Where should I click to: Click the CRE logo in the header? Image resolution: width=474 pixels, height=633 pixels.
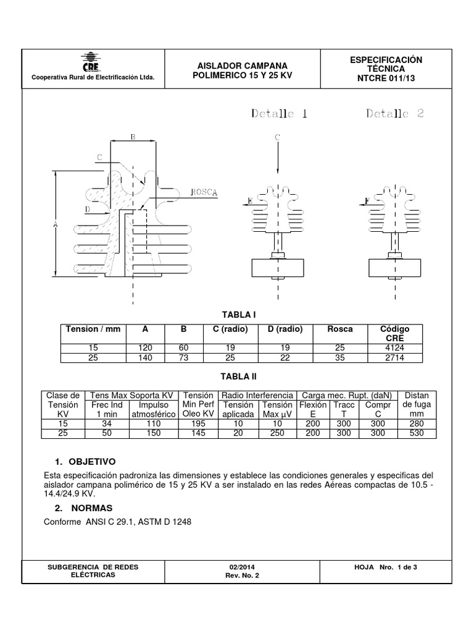(92, 63)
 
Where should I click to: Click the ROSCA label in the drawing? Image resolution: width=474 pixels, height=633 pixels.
(204, 192)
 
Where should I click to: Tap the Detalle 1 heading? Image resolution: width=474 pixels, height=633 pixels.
(279, 114)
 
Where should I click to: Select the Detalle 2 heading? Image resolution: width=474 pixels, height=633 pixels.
(395, 114)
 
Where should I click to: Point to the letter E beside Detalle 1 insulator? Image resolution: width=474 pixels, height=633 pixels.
(249, 201)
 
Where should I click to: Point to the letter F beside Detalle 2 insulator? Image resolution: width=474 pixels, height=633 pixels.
(367, 201)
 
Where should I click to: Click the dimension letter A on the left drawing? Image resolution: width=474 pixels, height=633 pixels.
(55, 225)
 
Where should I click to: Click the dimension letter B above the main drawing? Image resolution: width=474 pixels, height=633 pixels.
(133, 137)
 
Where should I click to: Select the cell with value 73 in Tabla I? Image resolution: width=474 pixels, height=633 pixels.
(183, 358)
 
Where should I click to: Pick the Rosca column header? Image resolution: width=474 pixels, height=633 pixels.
(341, 329)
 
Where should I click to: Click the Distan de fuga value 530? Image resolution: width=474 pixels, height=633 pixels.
(417, 433)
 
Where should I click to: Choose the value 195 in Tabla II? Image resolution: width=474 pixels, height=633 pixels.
(199, 423)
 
